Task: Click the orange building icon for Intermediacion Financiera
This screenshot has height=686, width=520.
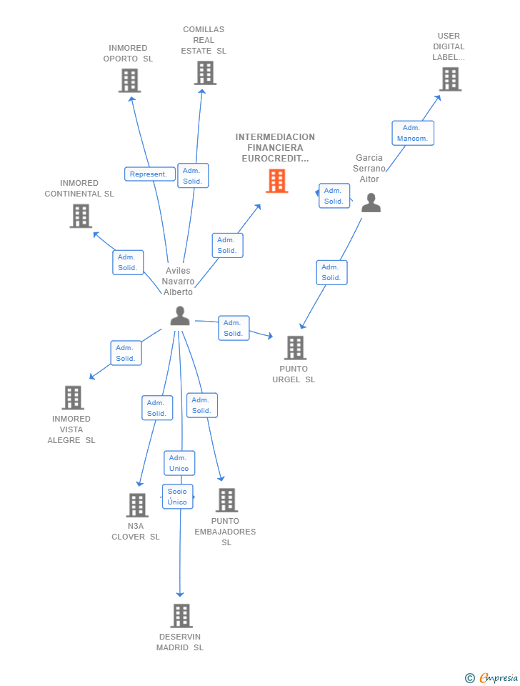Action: [x=276, y=181]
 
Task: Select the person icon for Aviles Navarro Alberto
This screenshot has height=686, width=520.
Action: [x=180, y=316]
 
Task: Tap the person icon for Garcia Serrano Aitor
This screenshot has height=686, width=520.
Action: [x=371, y=203]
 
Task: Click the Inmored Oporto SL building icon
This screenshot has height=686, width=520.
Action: [x=129, y=81]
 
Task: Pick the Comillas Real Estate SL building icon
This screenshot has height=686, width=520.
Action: [x=205, y=73]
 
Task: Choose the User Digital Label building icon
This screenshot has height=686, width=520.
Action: [x=450, y=79]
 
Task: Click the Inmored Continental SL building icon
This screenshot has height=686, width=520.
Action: [x=81, y=216]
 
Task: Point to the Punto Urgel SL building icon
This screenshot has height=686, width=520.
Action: [x=295, y=348]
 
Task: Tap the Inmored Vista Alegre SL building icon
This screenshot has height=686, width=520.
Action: [x=73, y=398]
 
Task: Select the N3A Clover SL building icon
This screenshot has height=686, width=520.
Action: [x=137, y=505]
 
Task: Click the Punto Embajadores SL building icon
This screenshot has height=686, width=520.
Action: [x=226, y=500]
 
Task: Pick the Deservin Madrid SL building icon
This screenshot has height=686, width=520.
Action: [x=181, y=616]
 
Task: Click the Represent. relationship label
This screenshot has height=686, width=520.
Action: [x=149, y=174]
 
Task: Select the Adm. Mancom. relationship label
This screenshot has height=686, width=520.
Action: [x=412, y=133]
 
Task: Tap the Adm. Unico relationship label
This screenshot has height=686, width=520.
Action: [x=179, y=463]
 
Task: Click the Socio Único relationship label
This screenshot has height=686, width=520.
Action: [x=177, y=497]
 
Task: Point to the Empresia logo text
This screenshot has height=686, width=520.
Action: [x=499, y=677]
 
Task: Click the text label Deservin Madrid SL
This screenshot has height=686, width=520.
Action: [x=180, y=642]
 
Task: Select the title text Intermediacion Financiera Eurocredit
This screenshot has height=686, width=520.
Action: [x=275, y=147]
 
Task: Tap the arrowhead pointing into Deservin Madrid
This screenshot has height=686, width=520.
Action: [x=180, y=593]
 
